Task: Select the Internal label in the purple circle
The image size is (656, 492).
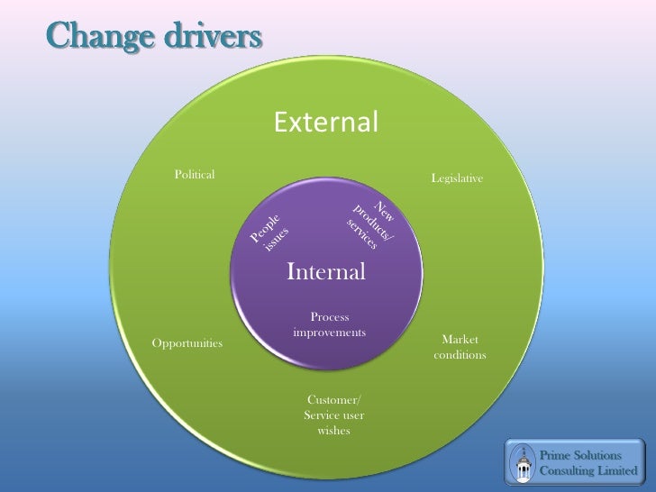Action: [326, 270]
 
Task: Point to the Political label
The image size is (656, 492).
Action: [195, 174]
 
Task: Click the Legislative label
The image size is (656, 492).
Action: [458, 180]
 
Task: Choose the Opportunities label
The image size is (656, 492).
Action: [187, 344]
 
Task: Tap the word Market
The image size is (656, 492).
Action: [460, 340]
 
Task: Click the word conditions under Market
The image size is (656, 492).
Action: [460, 355]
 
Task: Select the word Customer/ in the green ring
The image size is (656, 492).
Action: [334, 399]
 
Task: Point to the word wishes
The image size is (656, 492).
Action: [334, 430]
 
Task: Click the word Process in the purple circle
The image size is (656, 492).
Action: [329, 317]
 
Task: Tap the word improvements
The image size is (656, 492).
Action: [329, 333]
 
